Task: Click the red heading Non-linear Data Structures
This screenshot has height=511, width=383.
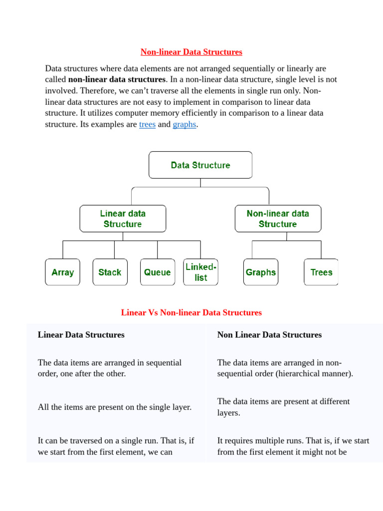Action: [x=191, y=52]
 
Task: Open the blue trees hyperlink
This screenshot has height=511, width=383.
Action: [x=147, y=124]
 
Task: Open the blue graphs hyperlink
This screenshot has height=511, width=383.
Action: [x=184, y=124]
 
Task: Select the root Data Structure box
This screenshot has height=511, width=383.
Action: [x=200, y=165]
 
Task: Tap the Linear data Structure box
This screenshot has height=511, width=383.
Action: [x=123, y=219]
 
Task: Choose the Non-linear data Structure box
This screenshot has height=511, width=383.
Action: [x=278, y=219]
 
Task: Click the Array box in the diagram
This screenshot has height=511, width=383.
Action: [x=62, y=272]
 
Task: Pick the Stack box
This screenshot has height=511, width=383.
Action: [x=110, y=272]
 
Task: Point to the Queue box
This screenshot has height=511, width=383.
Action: [x=158, y=272]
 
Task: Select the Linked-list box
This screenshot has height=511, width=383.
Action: [x=200, y=272]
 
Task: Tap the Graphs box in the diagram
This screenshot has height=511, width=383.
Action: [x=260, y=272]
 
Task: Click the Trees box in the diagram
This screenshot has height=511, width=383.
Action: [x=321, y=272]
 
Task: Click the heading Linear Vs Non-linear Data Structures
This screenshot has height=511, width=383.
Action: [x=191, y=312]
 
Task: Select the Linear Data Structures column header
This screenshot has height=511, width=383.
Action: [x=81, y=334]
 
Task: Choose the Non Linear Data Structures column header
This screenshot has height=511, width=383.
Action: [x=269, y=334]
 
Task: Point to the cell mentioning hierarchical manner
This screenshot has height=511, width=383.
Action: [x=285, y=368]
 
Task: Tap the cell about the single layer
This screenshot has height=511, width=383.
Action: [x=115, y=407]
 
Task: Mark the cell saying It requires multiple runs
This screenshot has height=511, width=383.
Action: [x=293, y=446]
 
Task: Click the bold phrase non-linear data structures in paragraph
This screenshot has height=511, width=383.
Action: [x=117, y=79]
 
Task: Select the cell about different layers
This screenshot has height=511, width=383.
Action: [x=283, y=407]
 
